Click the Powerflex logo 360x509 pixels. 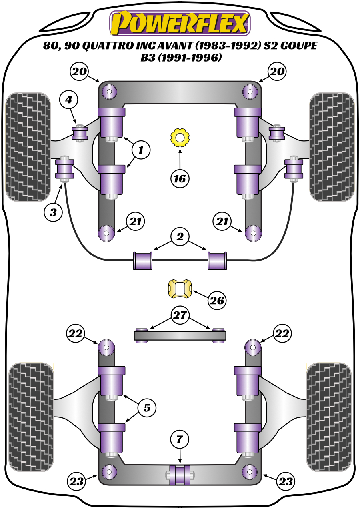click(180, 23)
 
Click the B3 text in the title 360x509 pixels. click(148, 58)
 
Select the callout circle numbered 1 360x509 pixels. click(140, 150)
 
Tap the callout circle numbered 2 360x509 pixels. click(180, 237)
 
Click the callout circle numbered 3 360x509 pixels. click(54, 212)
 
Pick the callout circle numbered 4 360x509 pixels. click(69, 100)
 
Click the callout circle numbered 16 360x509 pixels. click(180, 178)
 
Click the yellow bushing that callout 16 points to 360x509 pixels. click(180, 138)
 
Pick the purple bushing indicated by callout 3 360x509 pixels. click(64, 169)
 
